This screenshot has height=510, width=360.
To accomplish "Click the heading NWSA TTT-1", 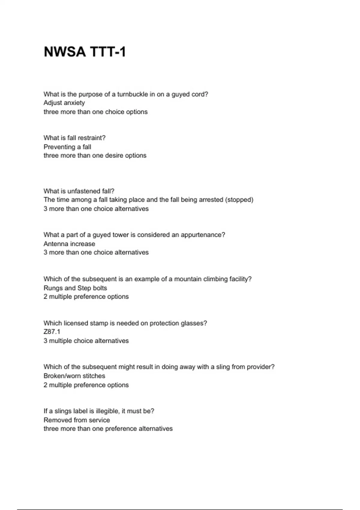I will [85, 52].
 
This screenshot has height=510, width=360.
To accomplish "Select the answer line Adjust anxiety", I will [64, 103].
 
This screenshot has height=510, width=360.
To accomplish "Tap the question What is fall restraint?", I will [74, 138].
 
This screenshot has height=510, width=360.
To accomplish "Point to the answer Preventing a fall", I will [67, 147].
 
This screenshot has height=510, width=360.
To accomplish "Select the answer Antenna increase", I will [69, 244].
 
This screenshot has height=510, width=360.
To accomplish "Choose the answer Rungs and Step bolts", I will [75, 288].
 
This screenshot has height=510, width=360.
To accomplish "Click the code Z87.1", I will [52, 332].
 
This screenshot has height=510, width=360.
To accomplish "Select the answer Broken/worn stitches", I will [74, 376].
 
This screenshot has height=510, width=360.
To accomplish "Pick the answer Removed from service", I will [77, 420].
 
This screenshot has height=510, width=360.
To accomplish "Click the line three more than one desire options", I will [95, 156].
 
